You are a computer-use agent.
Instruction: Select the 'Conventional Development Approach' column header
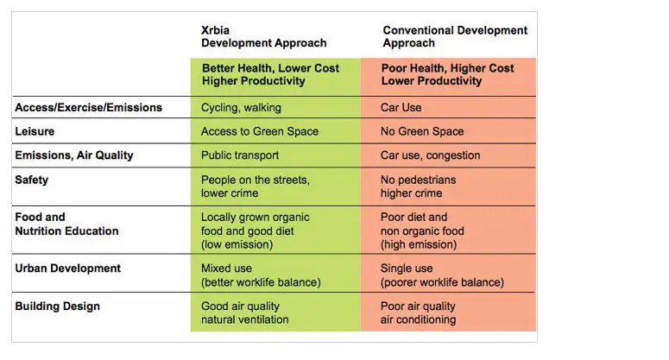tap(454, 36)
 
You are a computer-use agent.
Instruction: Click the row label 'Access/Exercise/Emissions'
tap(88, 108)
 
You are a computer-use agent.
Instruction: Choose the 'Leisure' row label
tap(35, 131)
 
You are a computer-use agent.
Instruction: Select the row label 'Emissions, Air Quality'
tap(74, 155)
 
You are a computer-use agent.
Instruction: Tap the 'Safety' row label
tap(32, 180)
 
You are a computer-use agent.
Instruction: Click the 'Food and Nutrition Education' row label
tap(66, 224)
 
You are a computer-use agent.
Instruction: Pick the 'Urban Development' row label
tap(67, 268)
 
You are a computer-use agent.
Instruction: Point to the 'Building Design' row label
tap(57, 306)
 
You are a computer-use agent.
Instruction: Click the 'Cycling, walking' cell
tap(241, 108)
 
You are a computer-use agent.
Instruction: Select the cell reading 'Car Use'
tap(401, 108)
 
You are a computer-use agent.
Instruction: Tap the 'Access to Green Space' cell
tap(259, 131)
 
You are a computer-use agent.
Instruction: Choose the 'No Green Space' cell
tap(422, 131)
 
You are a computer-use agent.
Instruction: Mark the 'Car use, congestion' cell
tap(430, 155)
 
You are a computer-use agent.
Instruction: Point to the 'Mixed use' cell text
tap(227, 268)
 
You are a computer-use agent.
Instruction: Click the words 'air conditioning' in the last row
tap(420, 319)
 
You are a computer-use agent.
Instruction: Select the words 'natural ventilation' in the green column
tap(244, 319)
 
